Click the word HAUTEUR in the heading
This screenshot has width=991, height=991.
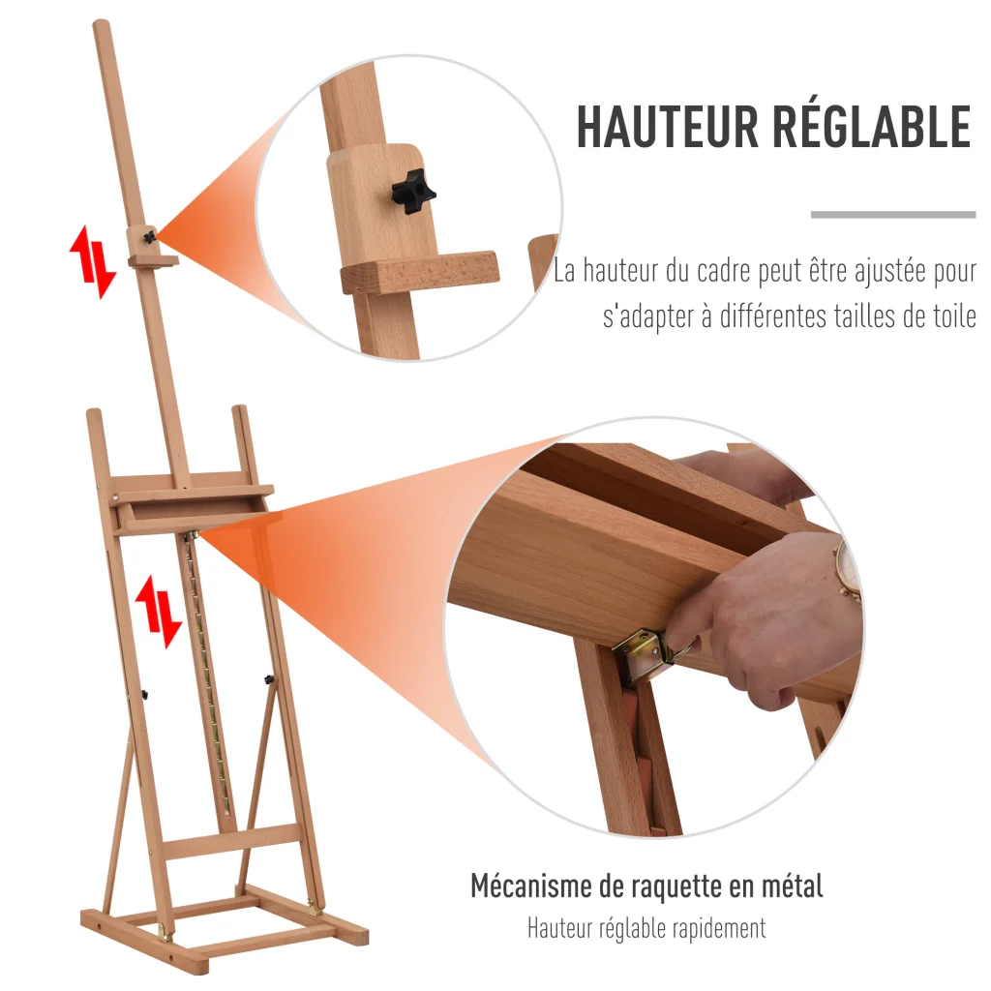point(667,127)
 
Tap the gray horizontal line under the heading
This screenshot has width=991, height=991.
point(893,215)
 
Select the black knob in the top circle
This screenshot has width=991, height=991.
point(413,192)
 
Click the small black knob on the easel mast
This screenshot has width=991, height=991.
point(149,238)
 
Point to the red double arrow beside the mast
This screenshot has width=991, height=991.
point(93,261)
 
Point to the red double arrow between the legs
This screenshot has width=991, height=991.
point(159,612)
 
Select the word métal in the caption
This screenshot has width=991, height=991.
point(793,886)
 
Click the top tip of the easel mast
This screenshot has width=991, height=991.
point(101,23)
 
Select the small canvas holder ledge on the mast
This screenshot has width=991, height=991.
point(154,259)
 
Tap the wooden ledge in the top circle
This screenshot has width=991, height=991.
point(420,272)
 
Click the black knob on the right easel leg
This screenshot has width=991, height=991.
point(269,680)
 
